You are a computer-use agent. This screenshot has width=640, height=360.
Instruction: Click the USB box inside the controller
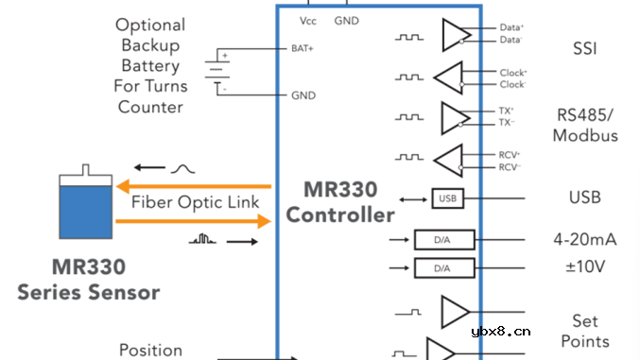[448, 198]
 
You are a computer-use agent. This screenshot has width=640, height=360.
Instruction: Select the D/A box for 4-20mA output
[441, 241]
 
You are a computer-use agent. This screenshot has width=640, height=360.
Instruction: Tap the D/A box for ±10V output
[441, 268]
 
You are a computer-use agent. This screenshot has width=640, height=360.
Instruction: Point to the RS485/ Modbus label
[586, 126]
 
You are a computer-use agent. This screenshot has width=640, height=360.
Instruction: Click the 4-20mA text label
[584, 240]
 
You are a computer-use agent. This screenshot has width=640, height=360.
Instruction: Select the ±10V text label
[584, 267]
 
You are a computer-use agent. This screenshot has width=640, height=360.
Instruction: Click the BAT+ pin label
[303, 47]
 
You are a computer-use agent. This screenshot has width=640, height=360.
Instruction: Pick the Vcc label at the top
[308, 20]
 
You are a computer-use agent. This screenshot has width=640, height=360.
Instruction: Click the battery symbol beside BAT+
[218, 71]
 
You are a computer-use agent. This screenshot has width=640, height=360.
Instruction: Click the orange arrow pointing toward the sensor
[193, 185]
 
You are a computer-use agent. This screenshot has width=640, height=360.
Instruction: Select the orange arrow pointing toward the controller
[193, 222]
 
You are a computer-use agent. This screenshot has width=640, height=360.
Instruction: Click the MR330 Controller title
[340, 201]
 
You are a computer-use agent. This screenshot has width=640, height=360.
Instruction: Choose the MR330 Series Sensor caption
[88, 280]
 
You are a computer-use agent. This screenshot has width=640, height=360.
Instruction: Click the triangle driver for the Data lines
[455, 36]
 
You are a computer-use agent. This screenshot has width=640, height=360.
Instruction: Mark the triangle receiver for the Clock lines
[449, 77]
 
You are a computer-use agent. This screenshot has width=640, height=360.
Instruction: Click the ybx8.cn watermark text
[499, 332]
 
